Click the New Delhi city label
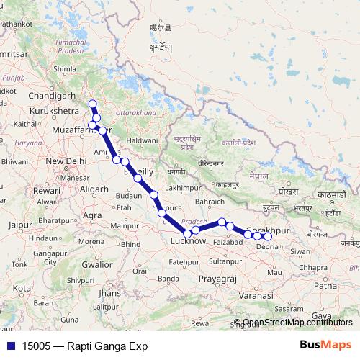point(66,161)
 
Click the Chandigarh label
point(53,96)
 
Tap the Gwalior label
point(99,264)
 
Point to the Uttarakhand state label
point(136,114)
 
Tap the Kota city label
point(22,288)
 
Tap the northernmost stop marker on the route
point(92,105)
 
